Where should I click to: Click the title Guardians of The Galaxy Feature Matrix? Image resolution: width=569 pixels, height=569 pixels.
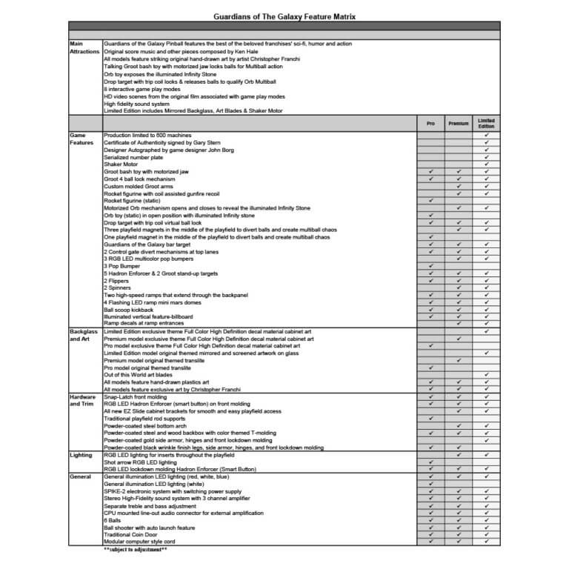pos(284,15)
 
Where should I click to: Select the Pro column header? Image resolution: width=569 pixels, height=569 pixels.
pos(430,123)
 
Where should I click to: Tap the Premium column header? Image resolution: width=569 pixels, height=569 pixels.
pos(459,123)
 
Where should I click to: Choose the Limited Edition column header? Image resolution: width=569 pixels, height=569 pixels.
pos(486,123)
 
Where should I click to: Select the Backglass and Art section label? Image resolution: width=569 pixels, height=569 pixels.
pos(84,336)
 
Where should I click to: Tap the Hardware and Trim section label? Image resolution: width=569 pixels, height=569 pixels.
pos(83,401)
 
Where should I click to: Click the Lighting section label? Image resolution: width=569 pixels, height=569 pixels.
pos(81,455)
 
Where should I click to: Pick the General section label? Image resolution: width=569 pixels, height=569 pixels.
pos(80,476)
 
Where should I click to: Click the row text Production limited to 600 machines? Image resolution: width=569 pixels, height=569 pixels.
pos(147,136)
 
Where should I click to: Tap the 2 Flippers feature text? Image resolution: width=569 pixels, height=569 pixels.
pos(118,281)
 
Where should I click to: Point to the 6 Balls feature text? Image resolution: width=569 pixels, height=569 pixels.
pos(113,520)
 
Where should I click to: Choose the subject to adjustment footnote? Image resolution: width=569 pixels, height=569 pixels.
pos(136,549)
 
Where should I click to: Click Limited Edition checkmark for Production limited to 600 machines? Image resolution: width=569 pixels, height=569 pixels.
pos(486,136)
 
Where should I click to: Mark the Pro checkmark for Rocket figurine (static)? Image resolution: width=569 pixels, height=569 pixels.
pos(430,201)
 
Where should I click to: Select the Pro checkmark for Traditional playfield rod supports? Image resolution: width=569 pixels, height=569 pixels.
pos(430,419)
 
